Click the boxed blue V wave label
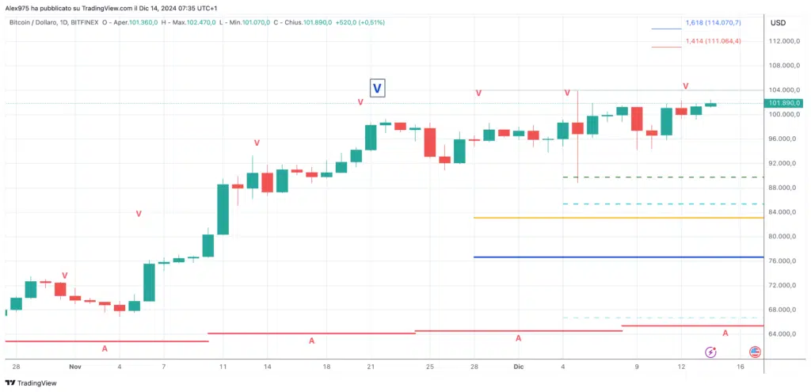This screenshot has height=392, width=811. (378, 88)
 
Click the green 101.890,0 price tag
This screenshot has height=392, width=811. (783, 103)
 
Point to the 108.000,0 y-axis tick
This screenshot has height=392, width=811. (782, 65)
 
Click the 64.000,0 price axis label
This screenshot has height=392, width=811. (782, 334)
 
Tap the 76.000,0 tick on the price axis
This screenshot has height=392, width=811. (782, 261)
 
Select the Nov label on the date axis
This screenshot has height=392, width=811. (75, 367)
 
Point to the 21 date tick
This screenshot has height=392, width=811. (371, 367)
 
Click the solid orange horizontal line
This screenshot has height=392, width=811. (618, 218)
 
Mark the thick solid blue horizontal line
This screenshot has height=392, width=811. (618, 257)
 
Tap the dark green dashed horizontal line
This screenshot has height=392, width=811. (662, 177)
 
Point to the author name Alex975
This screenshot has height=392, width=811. (20, 8)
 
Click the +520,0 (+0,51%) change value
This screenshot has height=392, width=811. (359, 22)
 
